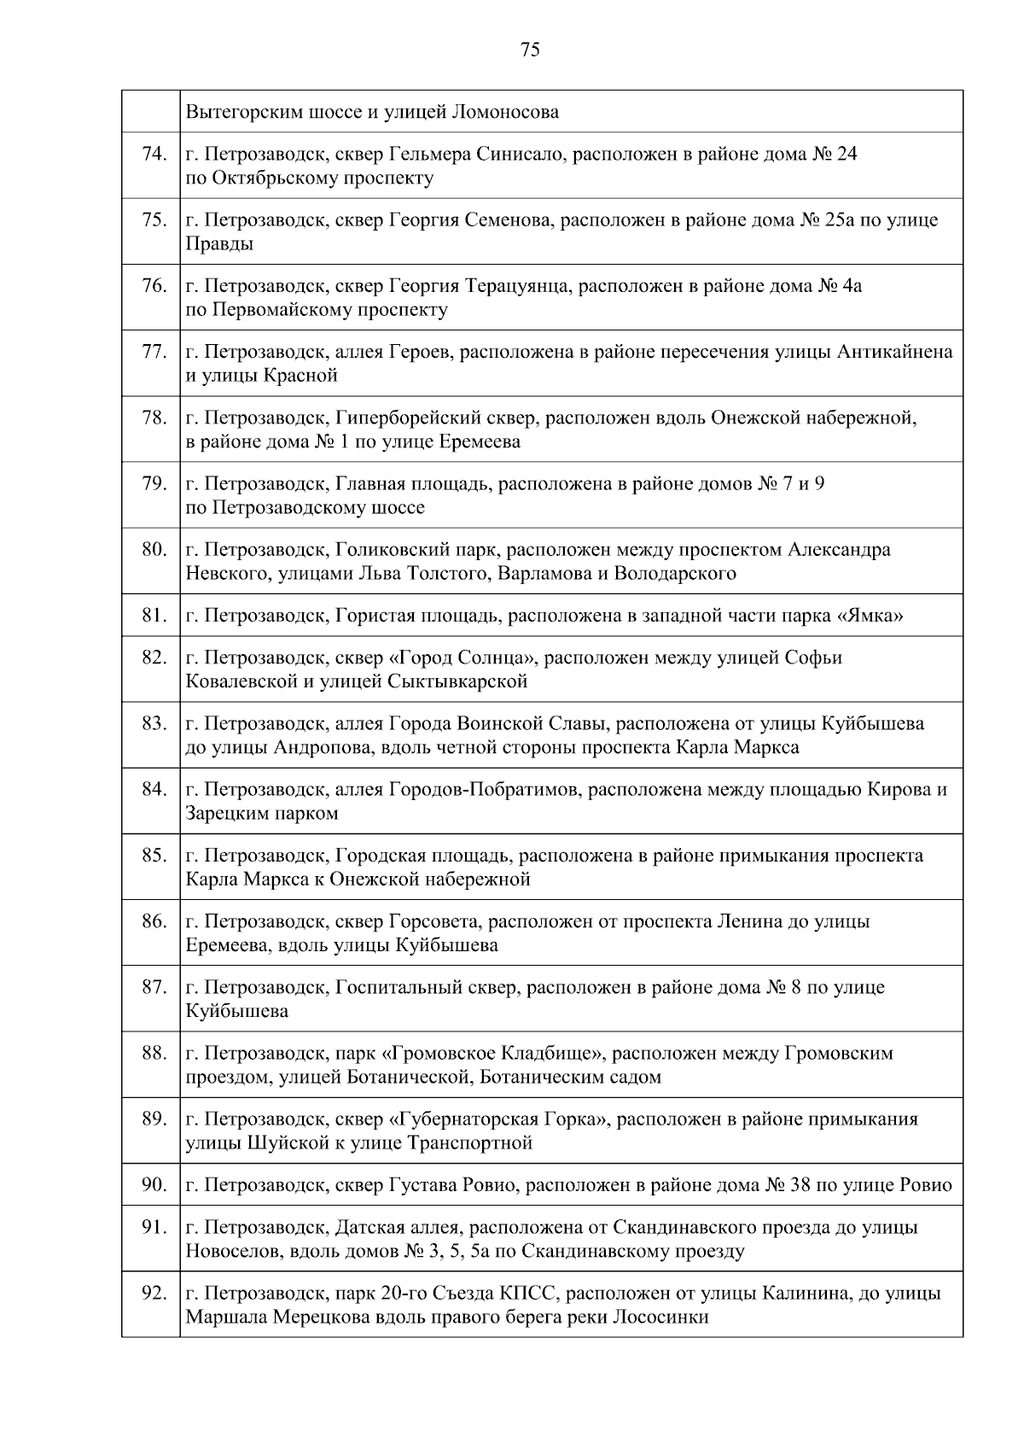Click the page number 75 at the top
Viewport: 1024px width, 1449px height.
tap(529, 50)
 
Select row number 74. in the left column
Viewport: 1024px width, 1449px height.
tap(154, 154)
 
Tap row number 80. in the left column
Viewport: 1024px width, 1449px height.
tap(154, 549)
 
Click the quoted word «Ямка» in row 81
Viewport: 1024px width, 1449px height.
tap(874, 616)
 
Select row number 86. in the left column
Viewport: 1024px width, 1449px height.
tap(154, 921)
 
